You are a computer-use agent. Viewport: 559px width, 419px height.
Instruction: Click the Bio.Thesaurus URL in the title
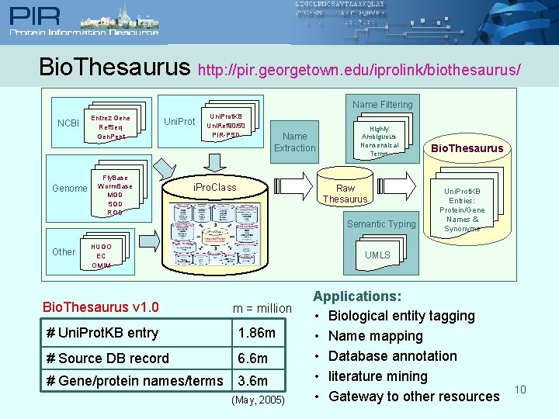[359, 70]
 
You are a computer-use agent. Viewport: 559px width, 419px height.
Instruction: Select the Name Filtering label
[383, 104]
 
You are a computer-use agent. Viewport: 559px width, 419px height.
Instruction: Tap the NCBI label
[69, 123]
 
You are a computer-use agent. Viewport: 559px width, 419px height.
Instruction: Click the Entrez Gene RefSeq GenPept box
[111, 127]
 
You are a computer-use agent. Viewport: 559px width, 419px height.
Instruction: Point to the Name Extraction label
[295, 142]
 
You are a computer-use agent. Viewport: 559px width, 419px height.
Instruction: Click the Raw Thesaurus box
[345, 194]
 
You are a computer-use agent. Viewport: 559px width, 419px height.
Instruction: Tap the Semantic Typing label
[382, 224]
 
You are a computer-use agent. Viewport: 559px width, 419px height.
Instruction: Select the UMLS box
[377, 255]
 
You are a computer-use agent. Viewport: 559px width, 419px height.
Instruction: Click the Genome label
[70, 189]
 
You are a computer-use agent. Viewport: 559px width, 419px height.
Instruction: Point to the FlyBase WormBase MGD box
[115, 195]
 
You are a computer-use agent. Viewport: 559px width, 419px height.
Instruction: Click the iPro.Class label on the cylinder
[215, 188]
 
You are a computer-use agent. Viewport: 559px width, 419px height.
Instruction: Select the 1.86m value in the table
[257, 333]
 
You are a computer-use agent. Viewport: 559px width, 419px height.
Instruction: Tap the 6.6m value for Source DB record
[252, 358]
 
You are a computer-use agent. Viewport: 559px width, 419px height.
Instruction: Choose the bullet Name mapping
[376, 336]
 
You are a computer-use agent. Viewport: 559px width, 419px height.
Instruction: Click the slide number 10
[520, 390]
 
